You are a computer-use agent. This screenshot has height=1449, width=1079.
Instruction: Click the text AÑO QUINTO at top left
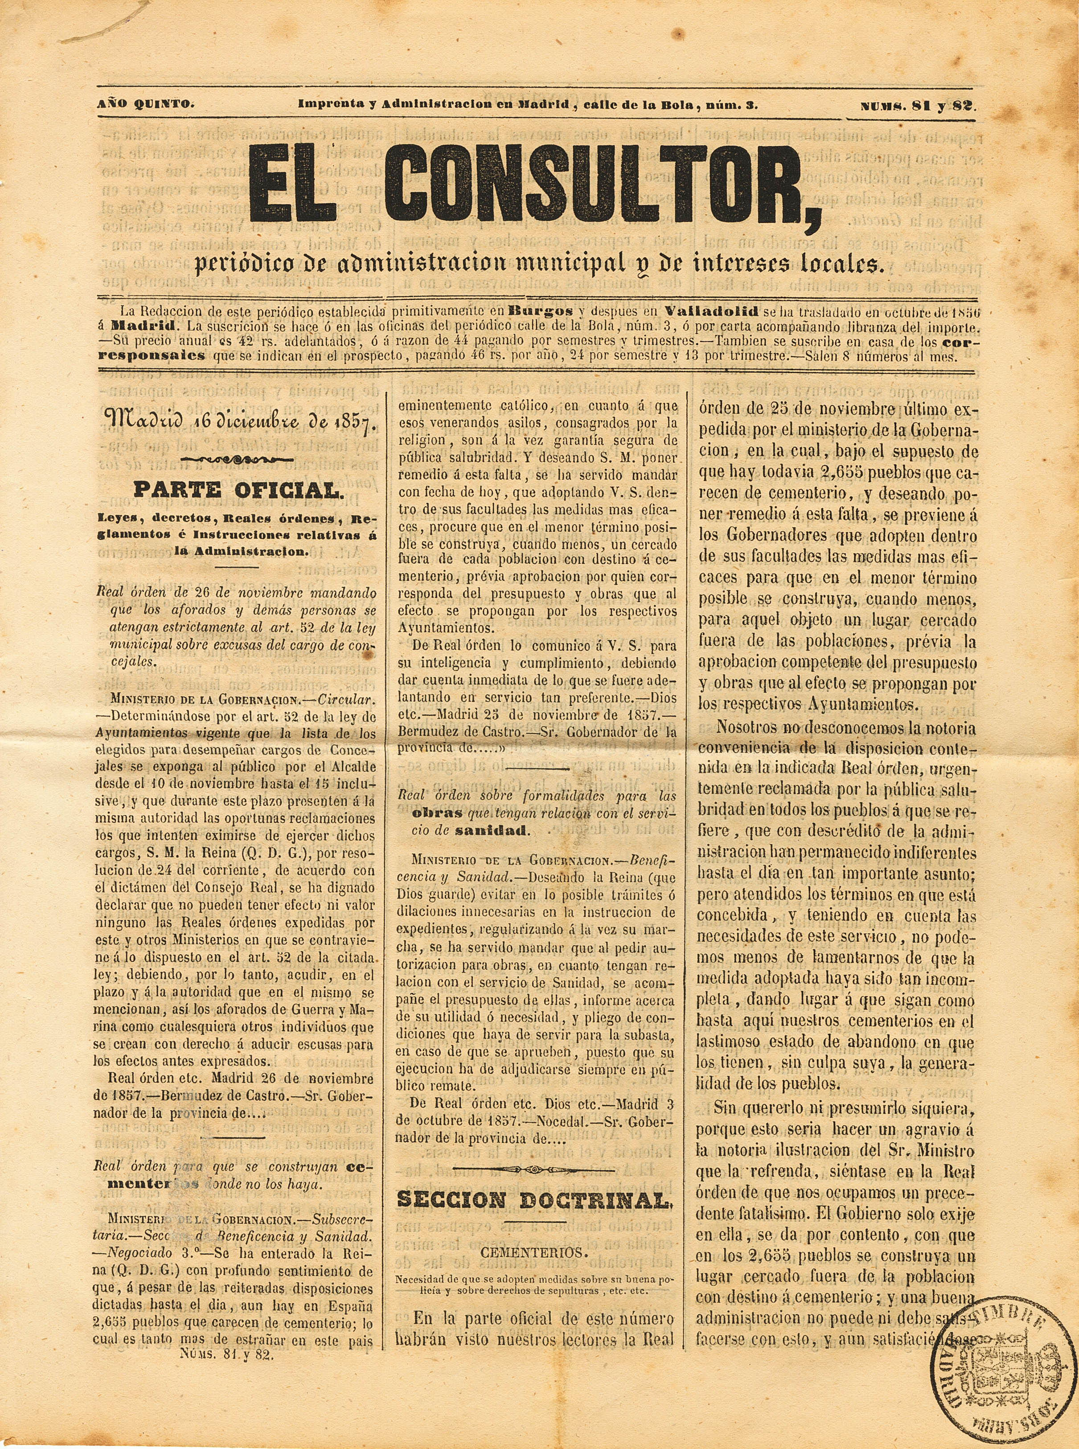tap(145, 104)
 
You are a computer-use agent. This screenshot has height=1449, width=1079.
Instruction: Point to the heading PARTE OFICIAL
tap(237, 490)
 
